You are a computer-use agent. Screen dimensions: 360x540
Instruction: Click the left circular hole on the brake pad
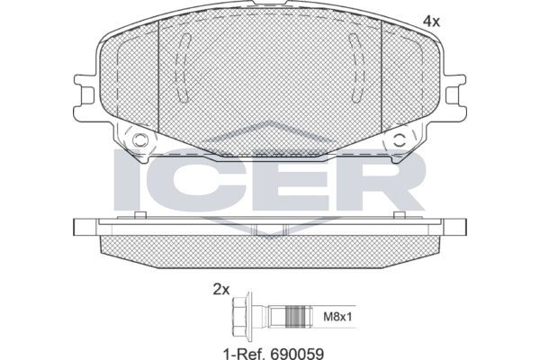coord(139,141)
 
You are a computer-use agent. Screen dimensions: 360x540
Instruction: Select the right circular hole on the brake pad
coord(400,141)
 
